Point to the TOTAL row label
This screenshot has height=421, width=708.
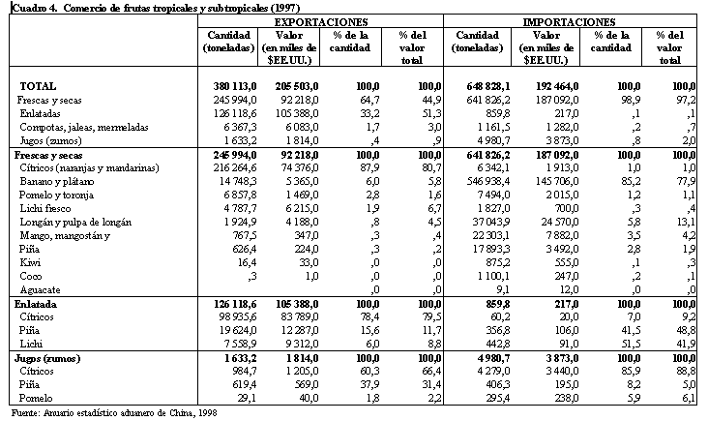(38, 86)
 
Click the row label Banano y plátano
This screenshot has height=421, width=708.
(55, 181)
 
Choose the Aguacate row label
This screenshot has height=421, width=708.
(39, 288)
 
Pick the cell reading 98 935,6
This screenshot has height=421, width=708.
(236, 316)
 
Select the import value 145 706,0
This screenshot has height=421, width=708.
(549, 181)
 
